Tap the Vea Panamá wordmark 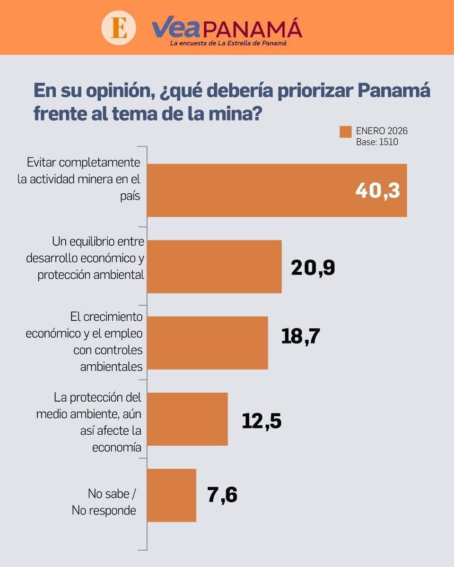tap(227, 28)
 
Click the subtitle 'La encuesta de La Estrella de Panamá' tap(229, 43)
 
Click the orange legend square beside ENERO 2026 tap(346, 132)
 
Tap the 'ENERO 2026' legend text tap(382, 131)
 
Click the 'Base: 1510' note tap(377, 142)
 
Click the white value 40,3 tap(377, 190)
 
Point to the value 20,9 tap(313, 267)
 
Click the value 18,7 tap(300, 336)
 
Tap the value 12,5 tap(262, 421)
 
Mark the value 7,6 tap(222, 495)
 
